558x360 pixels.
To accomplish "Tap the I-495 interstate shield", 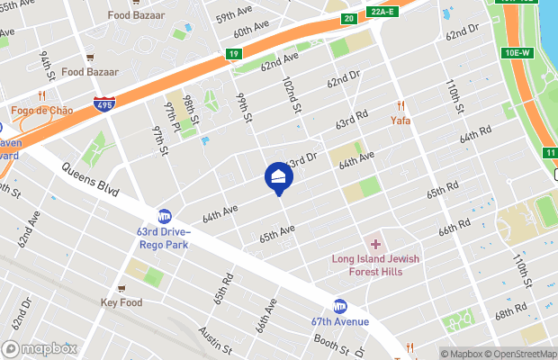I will click(103, 104).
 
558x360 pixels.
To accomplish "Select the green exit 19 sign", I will click(233, 55).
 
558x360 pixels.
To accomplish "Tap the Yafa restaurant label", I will click(400, 118).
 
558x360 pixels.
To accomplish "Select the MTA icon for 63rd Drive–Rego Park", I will click(165, 216).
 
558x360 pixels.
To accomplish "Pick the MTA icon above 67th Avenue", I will click(340, 306).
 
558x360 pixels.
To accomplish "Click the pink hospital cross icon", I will click(375, 245).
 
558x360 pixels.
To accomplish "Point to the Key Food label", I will click(121, 302).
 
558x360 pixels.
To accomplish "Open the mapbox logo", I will click(40, 348).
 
